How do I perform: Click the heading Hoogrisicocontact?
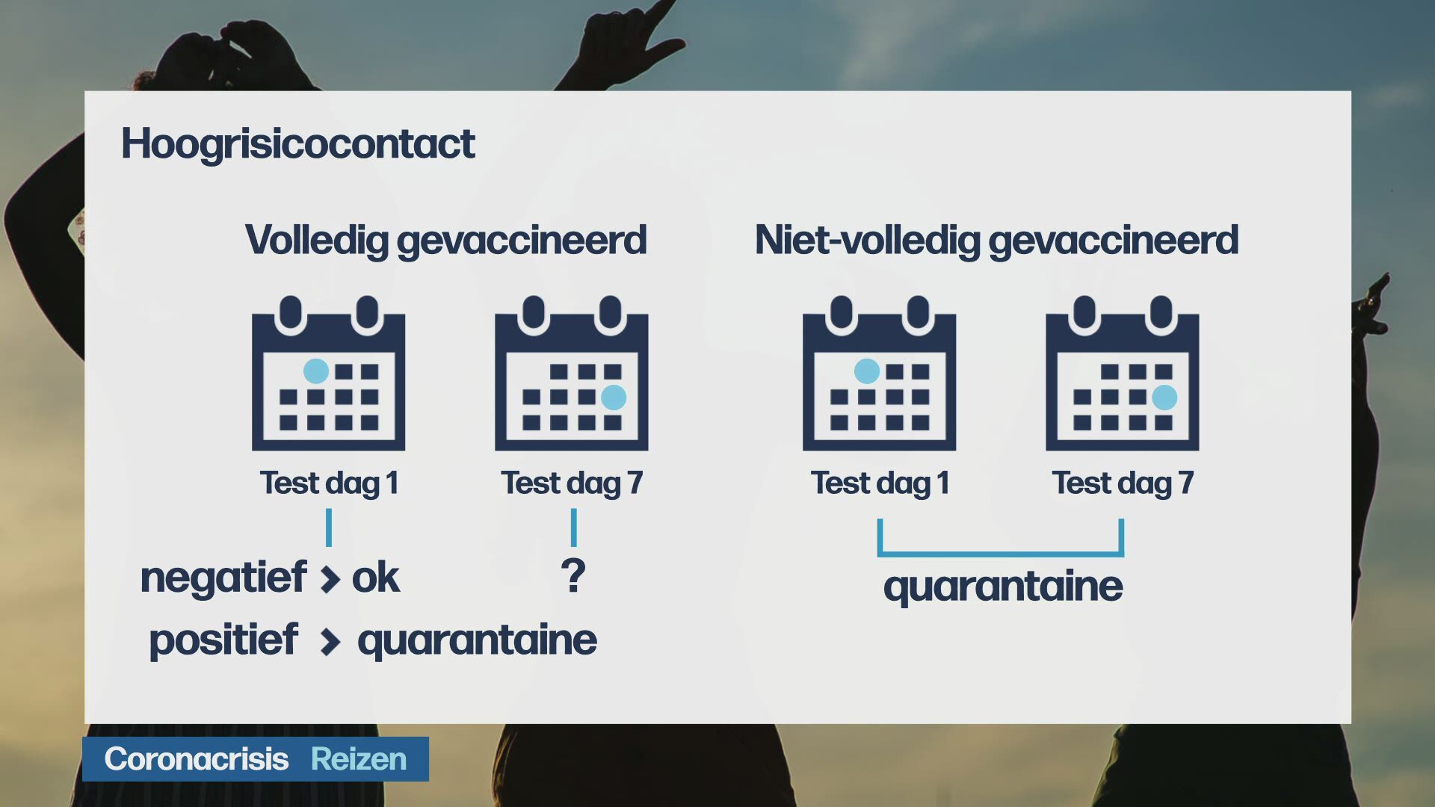click(x=297, y=144)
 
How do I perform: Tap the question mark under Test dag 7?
click(x=573, y=575)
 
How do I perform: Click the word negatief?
click(x=223, y=578)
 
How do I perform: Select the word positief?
click(x=223, y=640)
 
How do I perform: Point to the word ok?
click(x=375, y=578)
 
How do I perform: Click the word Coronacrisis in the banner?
click(x=196, y=759)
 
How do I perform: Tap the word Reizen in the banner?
click(x=359, y=759)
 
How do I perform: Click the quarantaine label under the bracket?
click(x=1003, y=587)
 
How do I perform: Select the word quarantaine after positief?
click(x=477, y=640)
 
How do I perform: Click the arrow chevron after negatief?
click(x=330, y=579)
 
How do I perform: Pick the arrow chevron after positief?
click(x=330, y=642)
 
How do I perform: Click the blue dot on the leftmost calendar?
click(x=316, y=371)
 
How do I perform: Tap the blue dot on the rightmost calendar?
click(x=1164, y=398)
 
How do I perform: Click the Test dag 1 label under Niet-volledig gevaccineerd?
click(x=880, y=483)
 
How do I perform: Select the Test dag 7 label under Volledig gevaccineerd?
click(x=572, y=483)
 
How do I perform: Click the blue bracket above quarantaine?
click(x=1001, y=554)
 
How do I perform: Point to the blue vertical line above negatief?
click(x=329, y=528)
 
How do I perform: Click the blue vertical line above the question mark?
click(x=573, y=528)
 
